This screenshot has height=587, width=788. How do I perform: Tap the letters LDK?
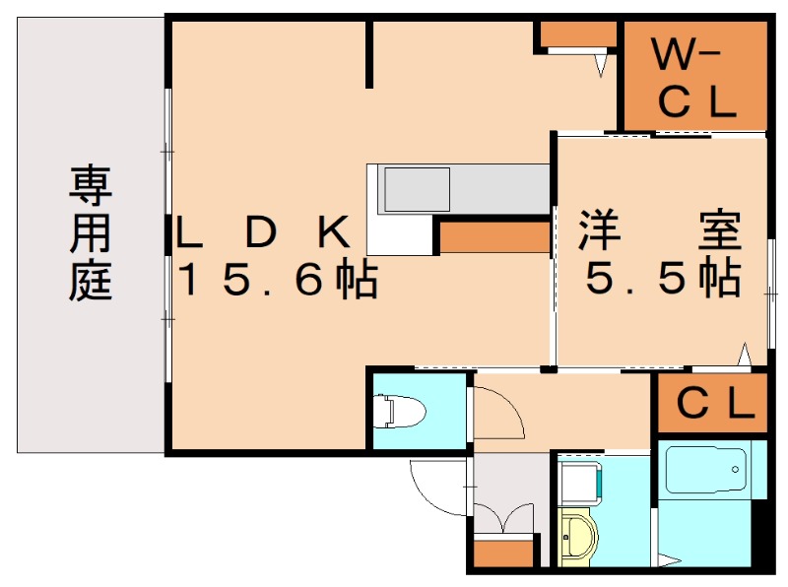[264, 232]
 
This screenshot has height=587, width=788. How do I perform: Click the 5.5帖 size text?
[662, 281]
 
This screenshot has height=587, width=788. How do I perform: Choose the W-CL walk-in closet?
[694, 78]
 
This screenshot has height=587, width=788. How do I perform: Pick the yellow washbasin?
[579, 538]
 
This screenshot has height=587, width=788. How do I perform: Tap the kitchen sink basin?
[416, 188]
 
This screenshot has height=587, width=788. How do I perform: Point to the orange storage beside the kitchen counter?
[493, 237]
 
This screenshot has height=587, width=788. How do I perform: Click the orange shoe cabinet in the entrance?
[504, 553]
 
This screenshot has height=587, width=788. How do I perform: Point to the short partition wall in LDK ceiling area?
[369, 54]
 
